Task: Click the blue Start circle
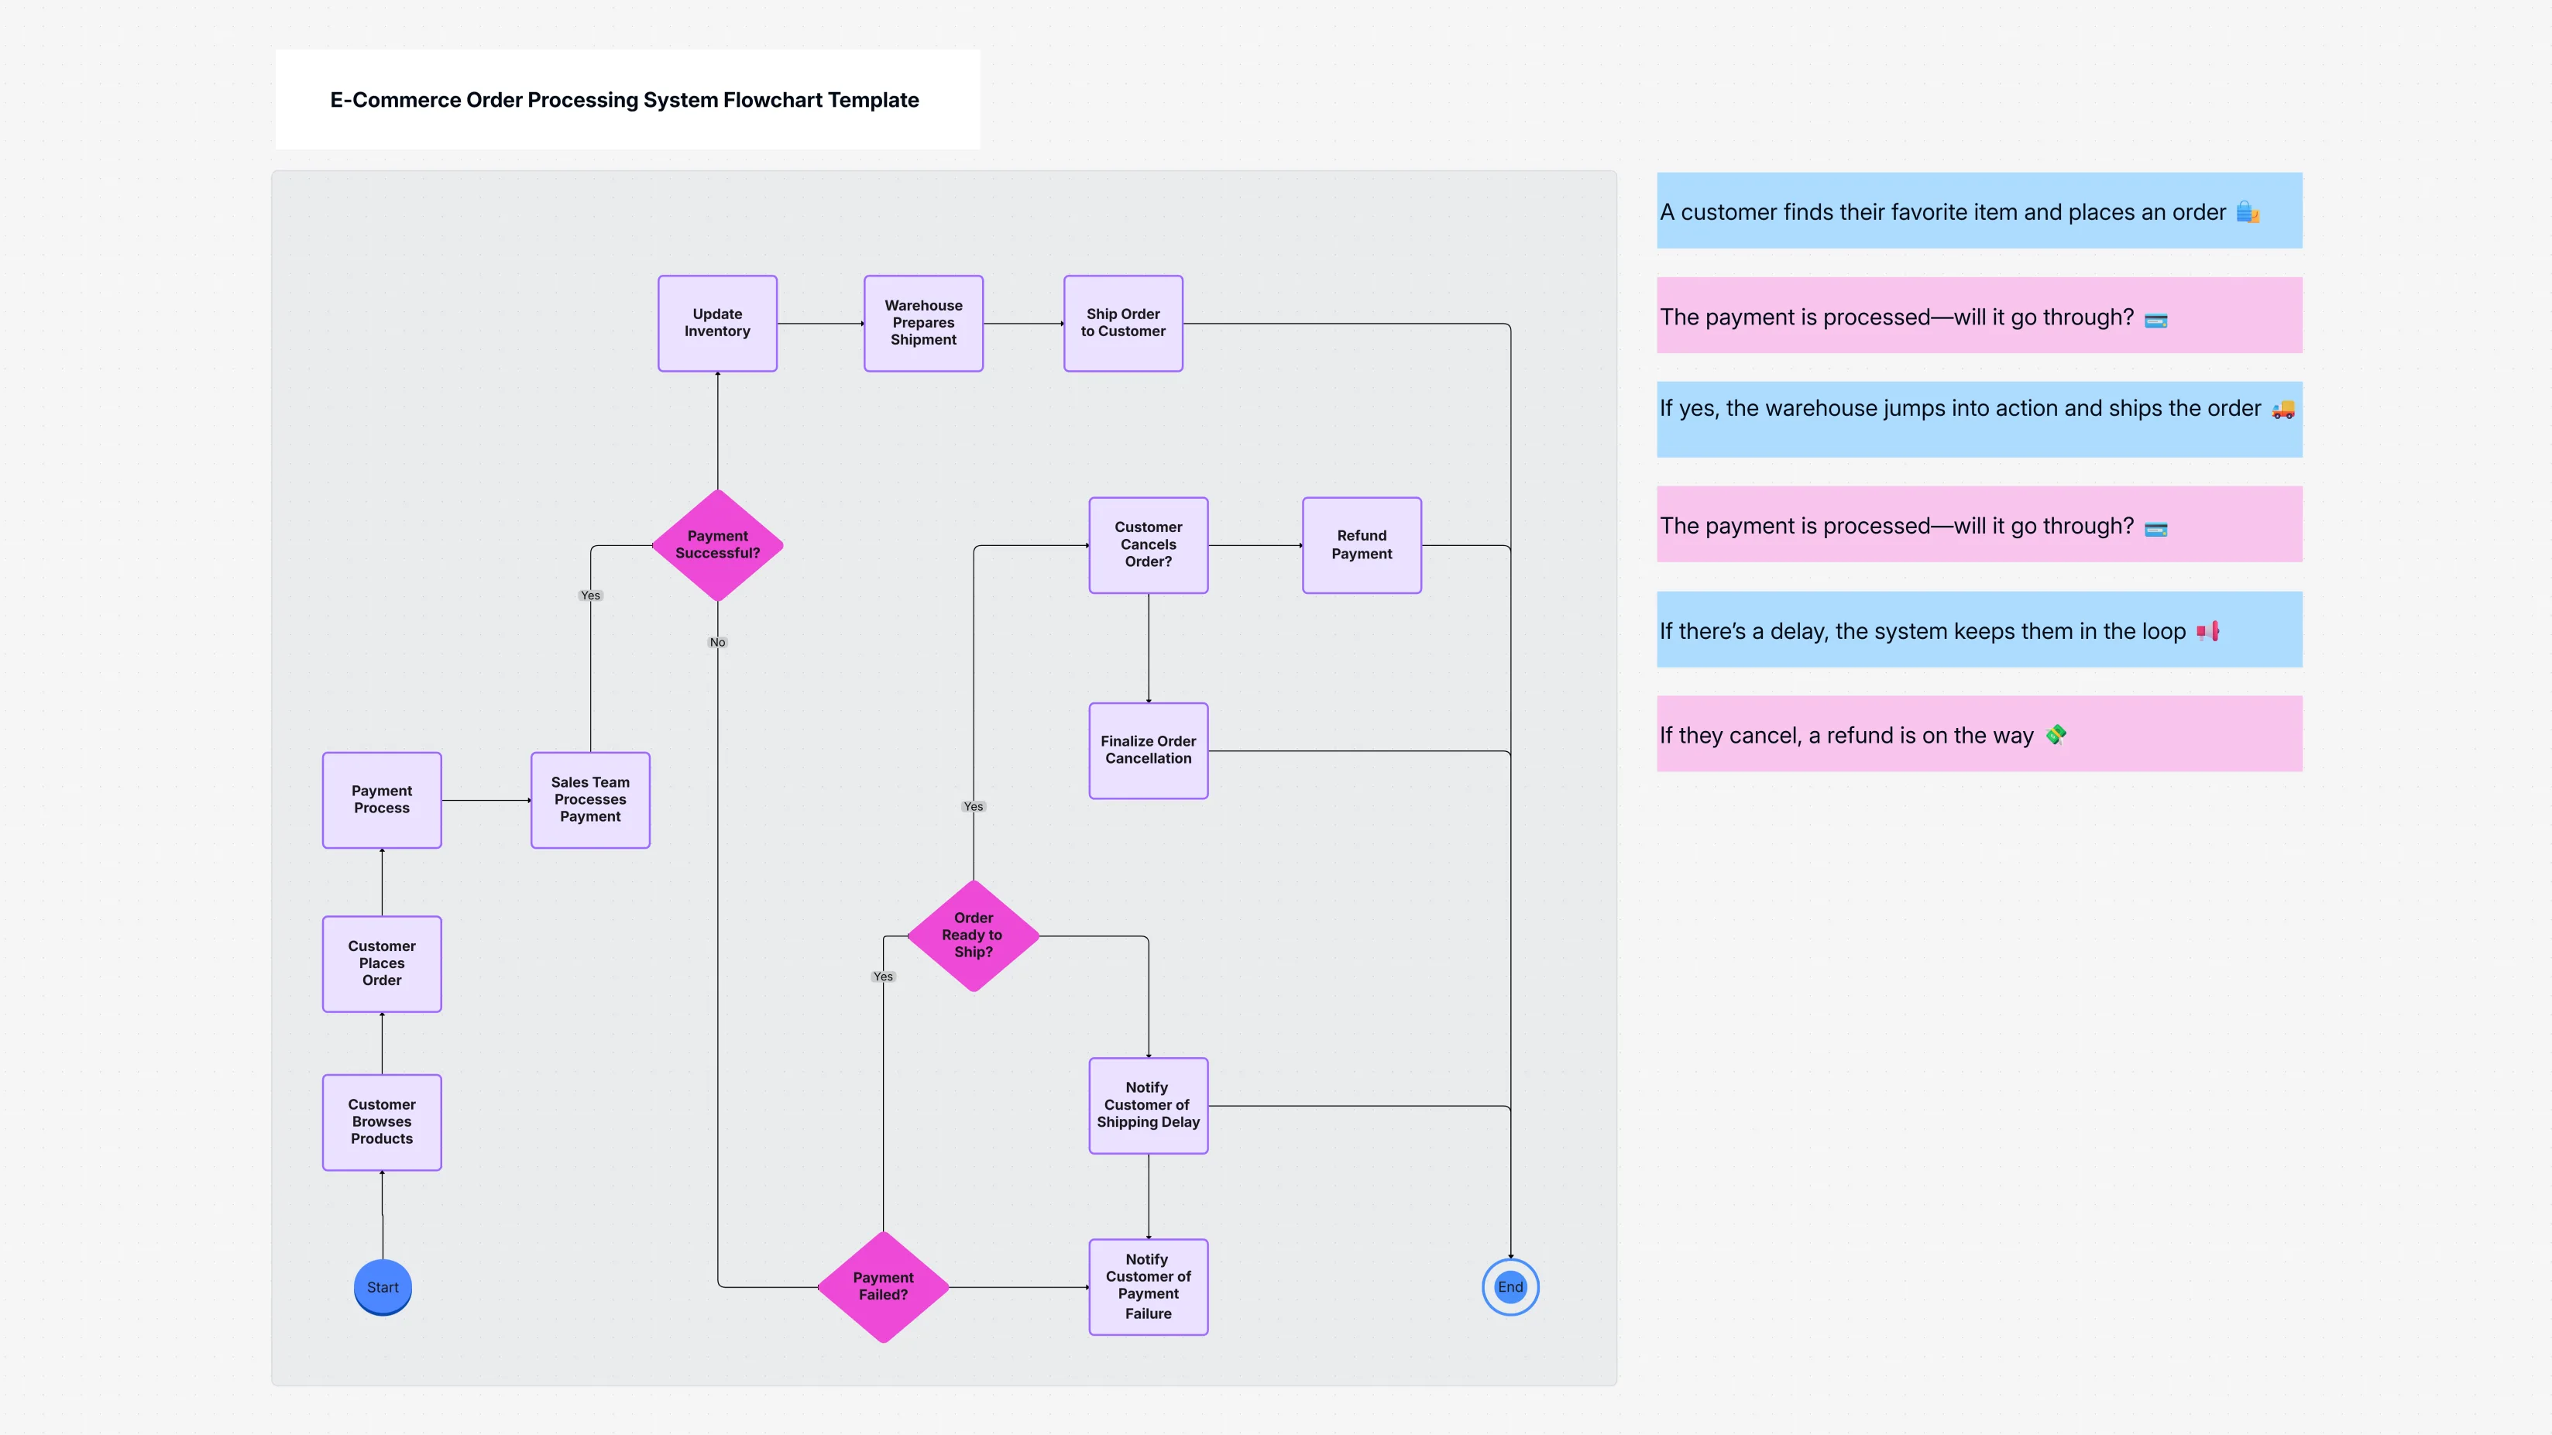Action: click(383, 1286)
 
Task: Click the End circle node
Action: click(1510, 1286)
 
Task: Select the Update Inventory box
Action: click(717, 323)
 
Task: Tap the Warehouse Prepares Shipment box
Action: click(923, 323)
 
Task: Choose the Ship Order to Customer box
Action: click(1122, 323)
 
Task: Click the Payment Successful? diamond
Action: click(717, 544)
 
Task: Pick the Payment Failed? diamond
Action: click(883, 1286)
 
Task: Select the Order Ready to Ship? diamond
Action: click(973, 935)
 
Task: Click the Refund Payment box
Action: click(1362, 544)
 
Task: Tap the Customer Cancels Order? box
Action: click(1148, 544)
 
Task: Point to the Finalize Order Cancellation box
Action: click(1148, 750)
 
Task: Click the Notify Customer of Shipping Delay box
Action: click(1148, 1105)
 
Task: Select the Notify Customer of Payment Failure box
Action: click(1148, 1286)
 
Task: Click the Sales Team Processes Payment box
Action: click(589, 799)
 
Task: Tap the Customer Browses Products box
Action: click(381, 1122)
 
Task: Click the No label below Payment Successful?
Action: click(717, 642)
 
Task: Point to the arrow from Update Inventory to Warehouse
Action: click(820, 323)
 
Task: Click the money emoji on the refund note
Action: click(2056, 735)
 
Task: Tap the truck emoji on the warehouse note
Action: click(2282, 409)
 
